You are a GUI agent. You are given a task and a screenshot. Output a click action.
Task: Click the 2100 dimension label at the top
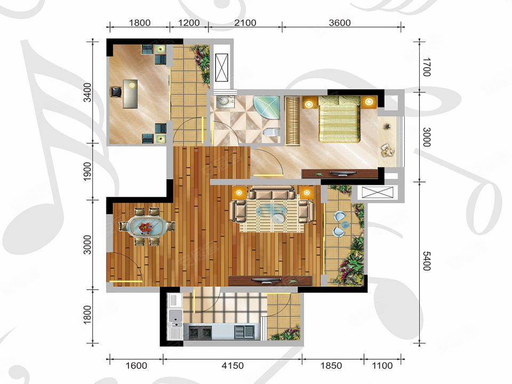coord(245,23)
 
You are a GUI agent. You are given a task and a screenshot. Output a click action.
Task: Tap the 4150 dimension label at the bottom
coord(233,365)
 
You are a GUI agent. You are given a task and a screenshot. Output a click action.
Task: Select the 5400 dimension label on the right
coord(427,261)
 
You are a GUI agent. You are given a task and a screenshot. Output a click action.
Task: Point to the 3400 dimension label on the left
coord(87,92)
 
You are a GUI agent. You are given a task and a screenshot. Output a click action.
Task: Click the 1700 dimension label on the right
coord(427,67)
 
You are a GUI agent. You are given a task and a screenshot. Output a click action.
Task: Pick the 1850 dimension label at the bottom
coord(331,365)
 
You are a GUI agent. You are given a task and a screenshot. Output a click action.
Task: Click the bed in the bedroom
coord(339,119)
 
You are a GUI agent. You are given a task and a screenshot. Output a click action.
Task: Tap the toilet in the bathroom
coord(271,133)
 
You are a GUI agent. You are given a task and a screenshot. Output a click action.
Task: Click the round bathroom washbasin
coord(223,101)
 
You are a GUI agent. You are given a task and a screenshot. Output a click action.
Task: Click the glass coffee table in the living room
coord(271,213)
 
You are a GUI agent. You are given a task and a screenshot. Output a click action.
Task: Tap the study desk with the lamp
coord(130,93)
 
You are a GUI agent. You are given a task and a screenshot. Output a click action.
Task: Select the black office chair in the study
coord(116,92)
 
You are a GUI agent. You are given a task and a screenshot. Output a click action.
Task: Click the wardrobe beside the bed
coord(292,120)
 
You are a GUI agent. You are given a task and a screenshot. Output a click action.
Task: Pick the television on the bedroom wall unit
coord(342,173)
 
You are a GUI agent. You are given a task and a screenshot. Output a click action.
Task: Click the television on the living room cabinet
coord(267,280)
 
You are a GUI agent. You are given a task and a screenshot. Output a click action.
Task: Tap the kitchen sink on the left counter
coord(175,316)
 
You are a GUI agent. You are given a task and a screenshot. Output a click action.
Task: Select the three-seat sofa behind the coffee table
coord(271,193)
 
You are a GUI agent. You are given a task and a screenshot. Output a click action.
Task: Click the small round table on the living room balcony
coord(345,225)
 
